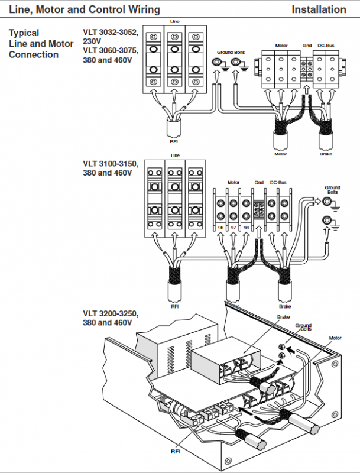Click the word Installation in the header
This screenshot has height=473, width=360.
319,9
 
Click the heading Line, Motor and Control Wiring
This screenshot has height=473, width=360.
85,9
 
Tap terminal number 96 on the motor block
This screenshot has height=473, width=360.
220,228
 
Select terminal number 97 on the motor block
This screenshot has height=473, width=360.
233,228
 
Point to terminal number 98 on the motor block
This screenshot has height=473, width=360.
246,228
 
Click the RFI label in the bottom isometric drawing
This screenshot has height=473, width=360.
176,452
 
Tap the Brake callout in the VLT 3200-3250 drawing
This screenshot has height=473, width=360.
283,317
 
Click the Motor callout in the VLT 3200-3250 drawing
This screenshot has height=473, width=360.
335,338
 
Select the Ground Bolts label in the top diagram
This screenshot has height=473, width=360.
231,53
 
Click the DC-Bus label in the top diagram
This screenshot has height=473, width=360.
326,46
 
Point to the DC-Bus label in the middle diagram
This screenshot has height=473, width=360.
278,183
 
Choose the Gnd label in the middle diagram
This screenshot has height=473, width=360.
259,183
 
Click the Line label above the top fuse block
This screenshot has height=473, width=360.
174,21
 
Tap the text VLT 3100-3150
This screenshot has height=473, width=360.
111,164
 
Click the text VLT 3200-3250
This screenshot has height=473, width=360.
111,313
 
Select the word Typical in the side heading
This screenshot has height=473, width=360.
24,33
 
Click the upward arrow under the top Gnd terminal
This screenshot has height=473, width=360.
306,90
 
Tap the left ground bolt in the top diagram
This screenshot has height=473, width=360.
216,62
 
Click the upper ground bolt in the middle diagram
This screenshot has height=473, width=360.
327,201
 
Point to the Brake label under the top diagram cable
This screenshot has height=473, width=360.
326,154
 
